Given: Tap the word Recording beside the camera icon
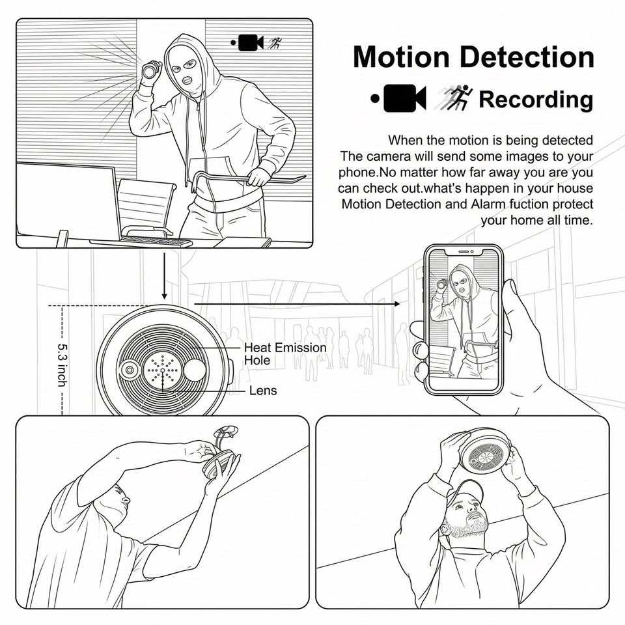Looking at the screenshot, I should [x=536, y=100].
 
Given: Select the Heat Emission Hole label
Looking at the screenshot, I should [x=285, y=353].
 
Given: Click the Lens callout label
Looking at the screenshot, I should [x=263, y=391].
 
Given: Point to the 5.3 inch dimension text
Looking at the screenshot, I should [x=62, y=365].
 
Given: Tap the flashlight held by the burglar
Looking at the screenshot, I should [x=151, y=70].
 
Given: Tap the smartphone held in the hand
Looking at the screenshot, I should [x=464, y=319].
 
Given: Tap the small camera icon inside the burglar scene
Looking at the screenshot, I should [x=251, y=43].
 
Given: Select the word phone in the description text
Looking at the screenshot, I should [x=356, y=173].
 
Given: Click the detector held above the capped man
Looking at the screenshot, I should [x=485, y=451].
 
